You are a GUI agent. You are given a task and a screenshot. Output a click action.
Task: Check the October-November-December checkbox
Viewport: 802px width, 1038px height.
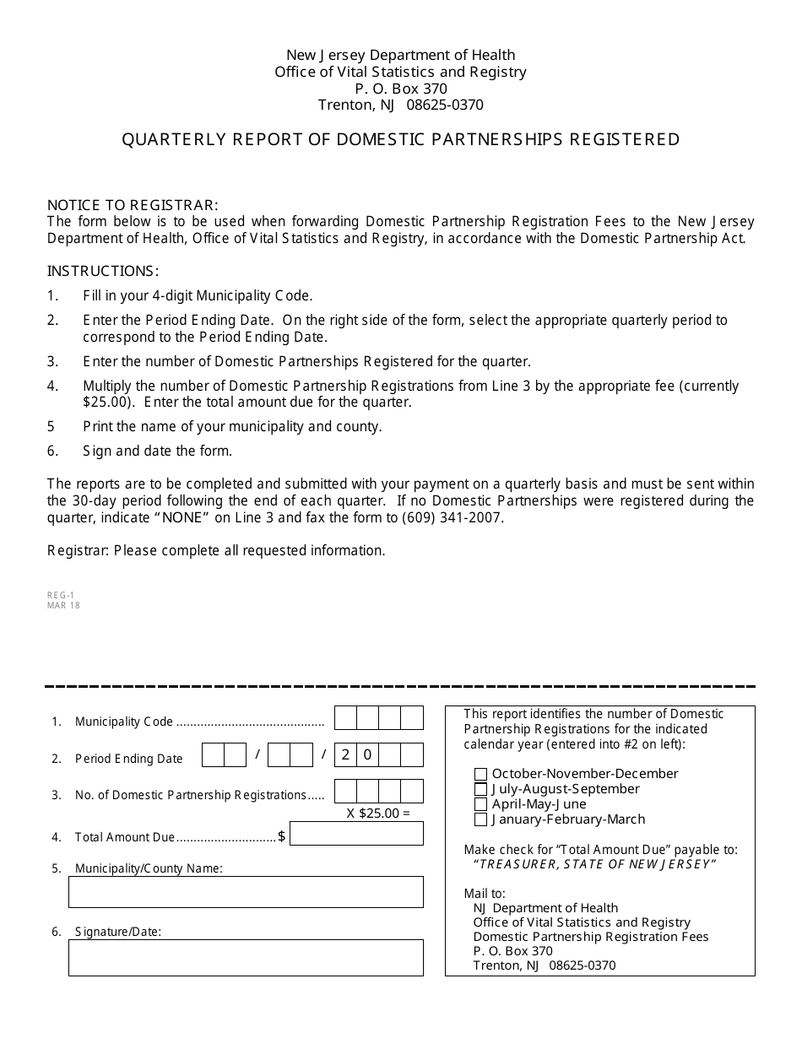480,775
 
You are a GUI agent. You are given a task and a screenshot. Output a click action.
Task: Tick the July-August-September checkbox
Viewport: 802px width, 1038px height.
480,790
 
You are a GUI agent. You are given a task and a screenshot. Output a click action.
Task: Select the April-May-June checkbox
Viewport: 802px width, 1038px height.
480,805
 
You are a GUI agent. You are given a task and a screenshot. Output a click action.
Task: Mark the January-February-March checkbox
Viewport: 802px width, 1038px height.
480,820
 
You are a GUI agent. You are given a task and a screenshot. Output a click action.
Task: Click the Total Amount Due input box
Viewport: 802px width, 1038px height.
356,835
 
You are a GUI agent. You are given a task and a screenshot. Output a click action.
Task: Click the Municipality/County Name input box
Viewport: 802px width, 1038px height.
246,892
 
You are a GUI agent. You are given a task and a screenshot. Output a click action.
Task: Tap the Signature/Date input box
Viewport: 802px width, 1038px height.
246,958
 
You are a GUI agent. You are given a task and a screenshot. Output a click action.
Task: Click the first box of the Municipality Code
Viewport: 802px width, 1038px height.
345,718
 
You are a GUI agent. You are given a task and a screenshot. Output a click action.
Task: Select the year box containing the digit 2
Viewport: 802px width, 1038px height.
345,755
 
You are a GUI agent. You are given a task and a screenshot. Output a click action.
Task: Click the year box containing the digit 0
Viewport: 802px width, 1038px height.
367,755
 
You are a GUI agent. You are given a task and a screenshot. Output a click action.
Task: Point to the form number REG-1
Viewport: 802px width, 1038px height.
61,595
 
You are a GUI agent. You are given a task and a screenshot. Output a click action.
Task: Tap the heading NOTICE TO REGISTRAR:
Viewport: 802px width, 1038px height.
133,205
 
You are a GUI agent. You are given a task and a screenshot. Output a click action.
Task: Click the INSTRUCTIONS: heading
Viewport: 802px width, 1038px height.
103,271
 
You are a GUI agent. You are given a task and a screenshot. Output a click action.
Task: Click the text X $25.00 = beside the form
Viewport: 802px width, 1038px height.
377,814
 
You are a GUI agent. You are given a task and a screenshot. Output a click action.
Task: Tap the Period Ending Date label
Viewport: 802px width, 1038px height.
128,759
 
